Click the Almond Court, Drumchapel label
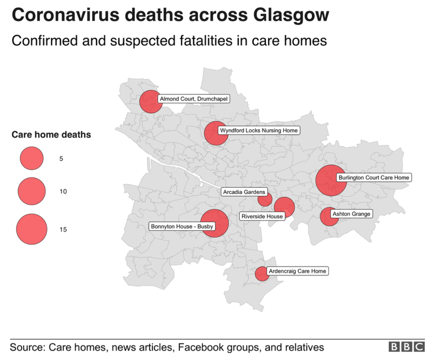[194, 99]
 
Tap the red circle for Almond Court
[150, 102]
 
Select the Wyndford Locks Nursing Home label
[259, 130]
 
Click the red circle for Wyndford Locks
[215, 133]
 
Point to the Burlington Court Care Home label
[374, 177]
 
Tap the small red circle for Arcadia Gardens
[265, 199]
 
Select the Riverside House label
[262, 216]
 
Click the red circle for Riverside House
[284, 207]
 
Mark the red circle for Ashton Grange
[329, 217]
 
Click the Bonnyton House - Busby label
[182, 226]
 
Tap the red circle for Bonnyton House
[214, 223]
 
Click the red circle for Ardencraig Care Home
[262, 274]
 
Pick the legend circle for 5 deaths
[32, 158]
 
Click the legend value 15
[63, 230]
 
